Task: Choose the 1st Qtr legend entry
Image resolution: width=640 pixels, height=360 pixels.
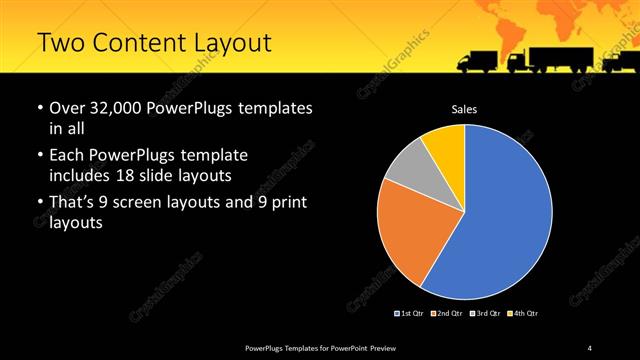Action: pyautogui.click(x=411, y=314)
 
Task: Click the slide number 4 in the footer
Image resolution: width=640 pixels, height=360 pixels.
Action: pyautogui.click(x=590, y=347)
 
